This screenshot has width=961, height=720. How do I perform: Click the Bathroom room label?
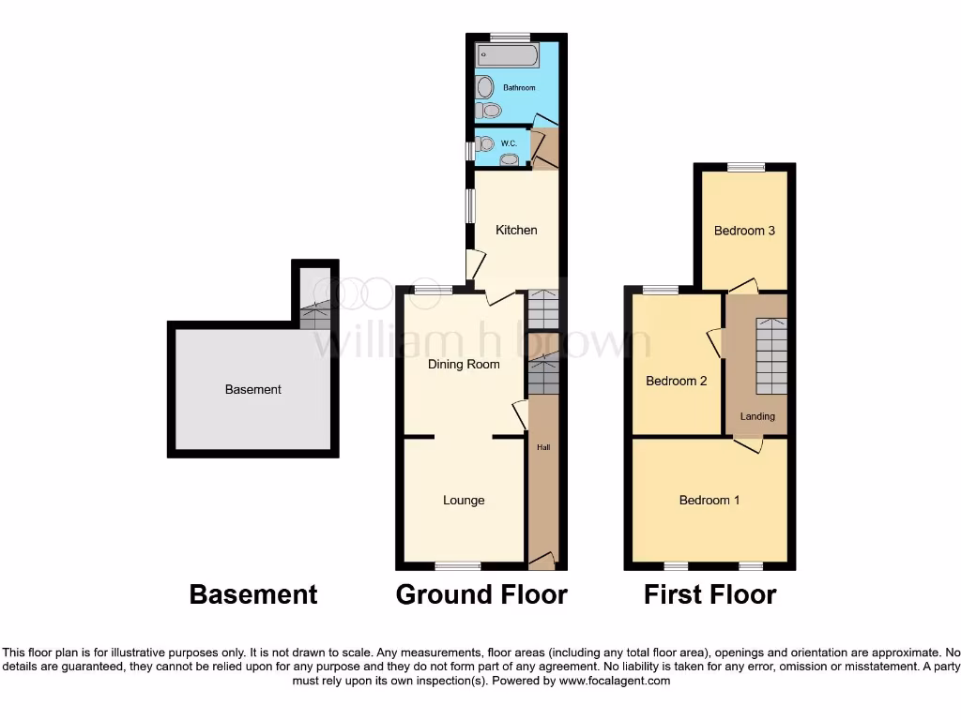tap(519, 88)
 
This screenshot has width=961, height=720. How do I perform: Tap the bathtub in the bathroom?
tap(507, 55)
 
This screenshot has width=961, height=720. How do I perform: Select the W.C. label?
tap(509, 143)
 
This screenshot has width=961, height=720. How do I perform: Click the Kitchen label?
tap(516, 230)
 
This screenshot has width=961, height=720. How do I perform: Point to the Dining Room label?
tap(464, 364)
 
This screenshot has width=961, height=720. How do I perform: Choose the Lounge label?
tap(464, 500)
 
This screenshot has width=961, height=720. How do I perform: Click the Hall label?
tap(543, 447)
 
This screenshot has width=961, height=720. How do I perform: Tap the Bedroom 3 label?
tap(744, 230)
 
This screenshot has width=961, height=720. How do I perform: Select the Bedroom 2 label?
tap(677, 381)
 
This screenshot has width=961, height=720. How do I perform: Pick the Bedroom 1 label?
tap(709, 500)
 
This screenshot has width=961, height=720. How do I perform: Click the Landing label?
tap(757, 416)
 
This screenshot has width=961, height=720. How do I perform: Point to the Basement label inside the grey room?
tap(253, 389)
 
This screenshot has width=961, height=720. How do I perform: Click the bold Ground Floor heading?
tap(481, 594)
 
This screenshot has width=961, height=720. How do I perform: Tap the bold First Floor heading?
tap(710, 594)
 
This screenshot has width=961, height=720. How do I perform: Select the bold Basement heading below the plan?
tap(253, 594)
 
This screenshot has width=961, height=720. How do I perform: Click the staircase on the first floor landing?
tap(770, 356)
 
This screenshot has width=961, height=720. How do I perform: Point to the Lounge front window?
tap(458, 565)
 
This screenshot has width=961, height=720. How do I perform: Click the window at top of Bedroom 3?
tap(746, 168)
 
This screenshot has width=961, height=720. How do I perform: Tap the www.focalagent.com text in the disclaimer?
tap(615, 681)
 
